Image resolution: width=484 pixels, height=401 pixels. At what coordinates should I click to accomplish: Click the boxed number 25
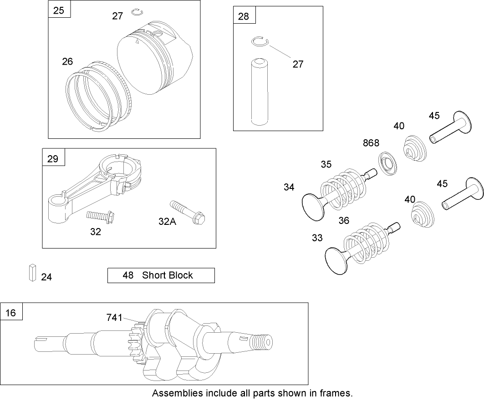59,10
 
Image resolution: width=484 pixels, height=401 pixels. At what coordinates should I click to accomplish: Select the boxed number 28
244,16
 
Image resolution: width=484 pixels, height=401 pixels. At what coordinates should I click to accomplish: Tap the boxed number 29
53,158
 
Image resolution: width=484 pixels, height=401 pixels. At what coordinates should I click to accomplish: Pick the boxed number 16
11,313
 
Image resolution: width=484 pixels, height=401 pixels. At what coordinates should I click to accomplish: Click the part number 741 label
114,317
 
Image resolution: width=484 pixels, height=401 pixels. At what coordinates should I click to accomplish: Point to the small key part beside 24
31,273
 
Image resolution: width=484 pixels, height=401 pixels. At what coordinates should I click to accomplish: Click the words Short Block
167,275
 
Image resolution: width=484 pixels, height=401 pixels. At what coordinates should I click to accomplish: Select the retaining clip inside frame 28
260,42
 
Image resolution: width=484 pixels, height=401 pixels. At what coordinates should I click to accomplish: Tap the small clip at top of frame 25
136,12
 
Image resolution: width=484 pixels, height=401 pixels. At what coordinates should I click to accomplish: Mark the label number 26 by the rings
67,61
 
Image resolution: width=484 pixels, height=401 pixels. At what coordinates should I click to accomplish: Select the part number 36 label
344,220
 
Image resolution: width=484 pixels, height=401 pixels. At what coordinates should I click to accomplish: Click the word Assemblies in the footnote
173,393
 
